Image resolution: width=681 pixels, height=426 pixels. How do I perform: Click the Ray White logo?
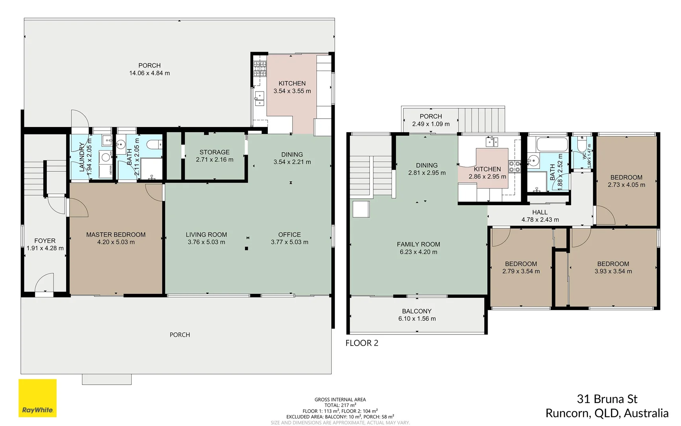pyautogui.click(x=37, y=398)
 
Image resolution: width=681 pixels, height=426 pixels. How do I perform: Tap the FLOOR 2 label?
pyautogui.click(x=362, y=343)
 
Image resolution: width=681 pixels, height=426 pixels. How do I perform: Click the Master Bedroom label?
pyautogui.click(x=116, y=235)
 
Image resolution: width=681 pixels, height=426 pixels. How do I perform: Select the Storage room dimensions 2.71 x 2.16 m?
pyautogui.click(x=215, y=160)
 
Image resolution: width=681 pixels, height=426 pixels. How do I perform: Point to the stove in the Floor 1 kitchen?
pyautogui.click(x=260, y=68)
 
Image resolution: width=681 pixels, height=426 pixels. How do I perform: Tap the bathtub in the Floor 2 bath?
pyautogui.click(x=552, y=144)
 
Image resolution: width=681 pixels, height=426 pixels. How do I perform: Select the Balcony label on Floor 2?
pyautogui.click(x=417, y=311)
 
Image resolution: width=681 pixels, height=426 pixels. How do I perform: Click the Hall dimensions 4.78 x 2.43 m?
pyautogui.click(x=540, y=220)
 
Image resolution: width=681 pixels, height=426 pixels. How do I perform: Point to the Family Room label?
pyautogui.click(x=418, y=245)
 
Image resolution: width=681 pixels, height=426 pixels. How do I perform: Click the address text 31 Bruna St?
pyautogui.click(x=607, y=399)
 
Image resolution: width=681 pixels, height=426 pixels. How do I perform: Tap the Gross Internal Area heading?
pyautogui.click(x=340, y=400)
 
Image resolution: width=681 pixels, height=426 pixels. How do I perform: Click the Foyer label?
pyautogui.click(x=45, y=241)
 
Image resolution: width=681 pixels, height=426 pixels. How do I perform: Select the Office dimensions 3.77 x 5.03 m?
pyautogui.click(x=289, y=242)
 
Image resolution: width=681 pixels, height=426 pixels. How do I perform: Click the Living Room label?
pyautogui.click(x=206, y=235)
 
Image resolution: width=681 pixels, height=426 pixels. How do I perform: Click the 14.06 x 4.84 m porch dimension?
pyautogui.click(x=149, y=73)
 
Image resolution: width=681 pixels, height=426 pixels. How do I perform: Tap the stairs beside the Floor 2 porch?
pyautogui.click(x=481, y=120)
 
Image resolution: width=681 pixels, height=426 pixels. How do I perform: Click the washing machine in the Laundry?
pyautogui.click(x=106, y=157)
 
